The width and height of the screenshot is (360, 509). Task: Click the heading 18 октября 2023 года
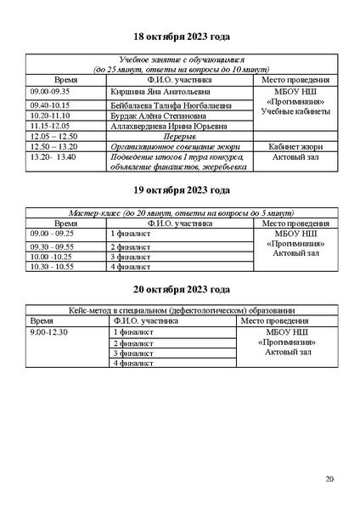click(181, 38)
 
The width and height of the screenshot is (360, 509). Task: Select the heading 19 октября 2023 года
click(181, 190)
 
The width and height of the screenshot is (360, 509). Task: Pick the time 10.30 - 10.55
click(51, 266)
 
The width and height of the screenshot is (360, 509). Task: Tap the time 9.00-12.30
click(48, 332)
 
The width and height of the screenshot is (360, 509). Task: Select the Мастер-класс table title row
click(180, 212)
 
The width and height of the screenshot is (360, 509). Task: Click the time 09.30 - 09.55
click(51, 246)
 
